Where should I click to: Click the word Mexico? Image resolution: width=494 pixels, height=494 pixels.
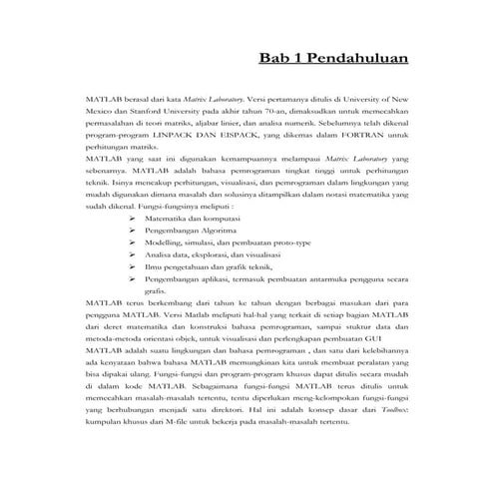point(102,116)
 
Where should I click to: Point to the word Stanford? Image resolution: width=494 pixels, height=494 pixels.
point(155,116)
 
